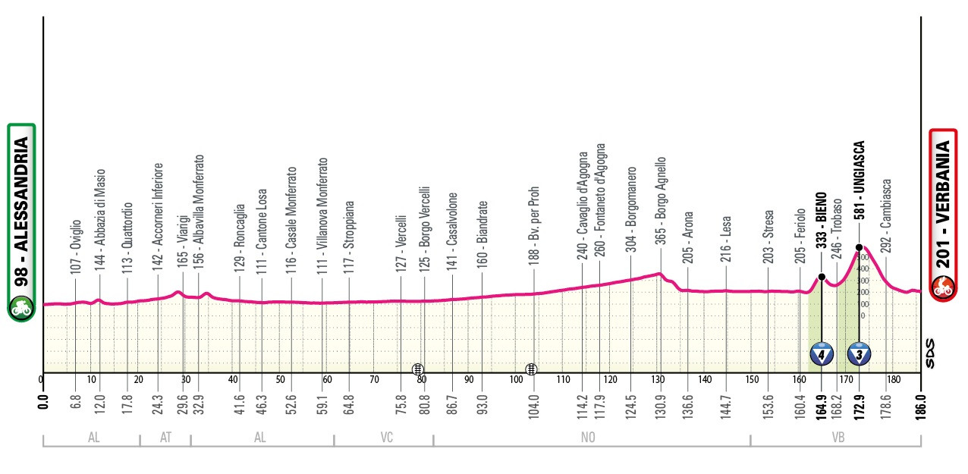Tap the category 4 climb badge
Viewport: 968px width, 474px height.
click(x=822, y=353)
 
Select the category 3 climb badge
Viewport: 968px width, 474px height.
click(x=859, y=353)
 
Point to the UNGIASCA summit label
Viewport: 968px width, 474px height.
click(x=860, y=180)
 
